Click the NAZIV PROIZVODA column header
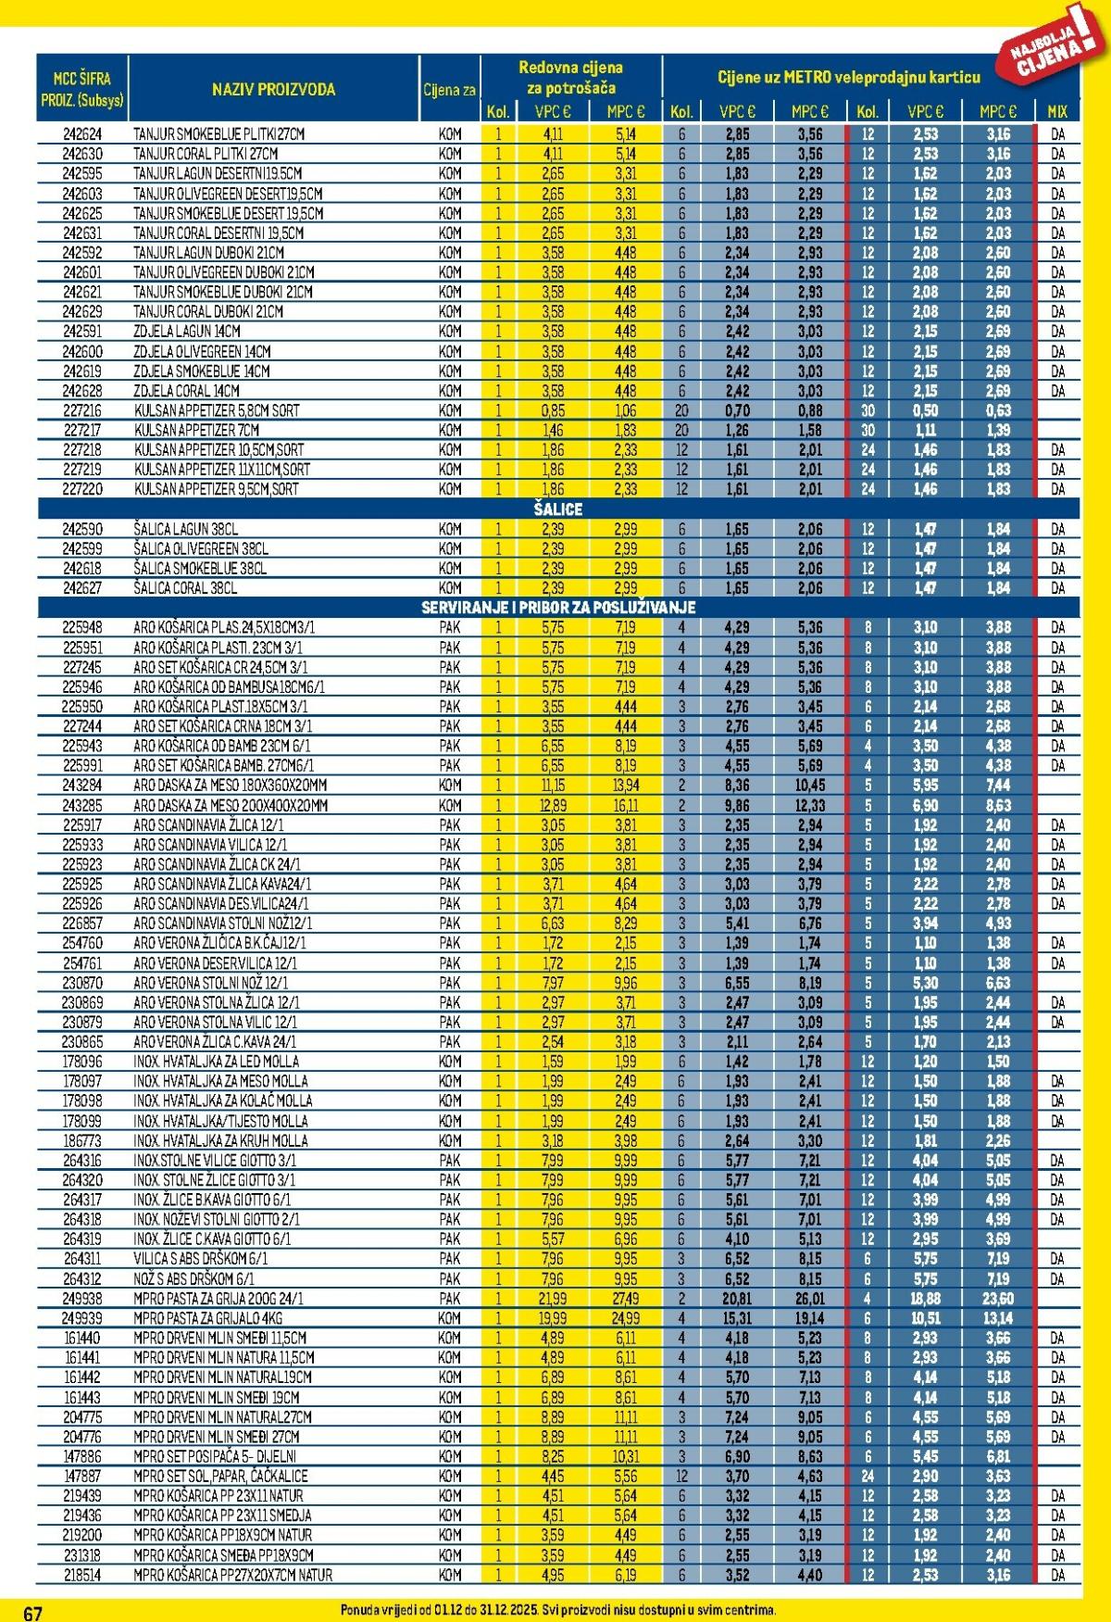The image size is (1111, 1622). tap(273, 90)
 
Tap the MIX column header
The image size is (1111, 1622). tap(1057, 111)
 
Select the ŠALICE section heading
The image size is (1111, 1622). tap(557, 509)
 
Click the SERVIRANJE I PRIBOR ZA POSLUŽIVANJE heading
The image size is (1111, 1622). tap(557, 608)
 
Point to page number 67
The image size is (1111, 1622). tap(32, 1612)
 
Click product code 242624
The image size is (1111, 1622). tap(82, 134)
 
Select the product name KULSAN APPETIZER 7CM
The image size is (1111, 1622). tap(196, 430)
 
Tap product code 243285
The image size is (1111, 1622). tap(82, 805)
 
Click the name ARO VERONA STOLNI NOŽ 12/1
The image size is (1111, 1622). tap(211, 983)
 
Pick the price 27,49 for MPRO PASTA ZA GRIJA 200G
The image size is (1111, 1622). tap(625, 1299)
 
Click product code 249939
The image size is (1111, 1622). tap(82, 1318)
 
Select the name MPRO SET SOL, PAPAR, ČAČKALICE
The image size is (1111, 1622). tap(220, 1476)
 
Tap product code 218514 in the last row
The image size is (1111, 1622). tap(82, 1575)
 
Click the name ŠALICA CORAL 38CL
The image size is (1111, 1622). tap(185, 588)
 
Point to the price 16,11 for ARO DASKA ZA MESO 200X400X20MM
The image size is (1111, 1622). tap(625, 805)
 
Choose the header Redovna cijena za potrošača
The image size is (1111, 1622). tap(570, 78)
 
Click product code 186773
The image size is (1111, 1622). tap(82, 1140)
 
